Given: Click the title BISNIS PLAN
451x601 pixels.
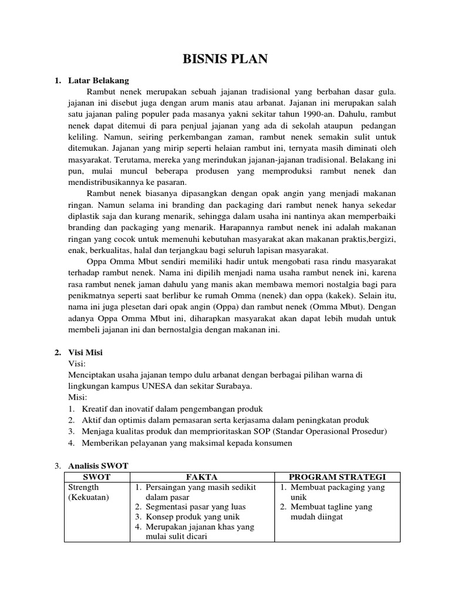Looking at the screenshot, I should point(225,59).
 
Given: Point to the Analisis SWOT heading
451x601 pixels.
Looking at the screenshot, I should point(98,465).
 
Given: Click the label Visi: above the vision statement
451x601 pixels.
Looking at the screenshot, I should point(77,364).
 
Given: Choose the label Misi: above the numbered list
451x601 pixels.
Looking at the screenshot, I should point(78,397).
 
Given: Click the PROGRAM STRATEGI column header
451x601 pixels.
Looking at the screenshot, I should point(337,477).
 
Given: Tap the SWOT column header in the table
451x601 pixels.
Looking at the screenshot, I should point(96,477).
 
